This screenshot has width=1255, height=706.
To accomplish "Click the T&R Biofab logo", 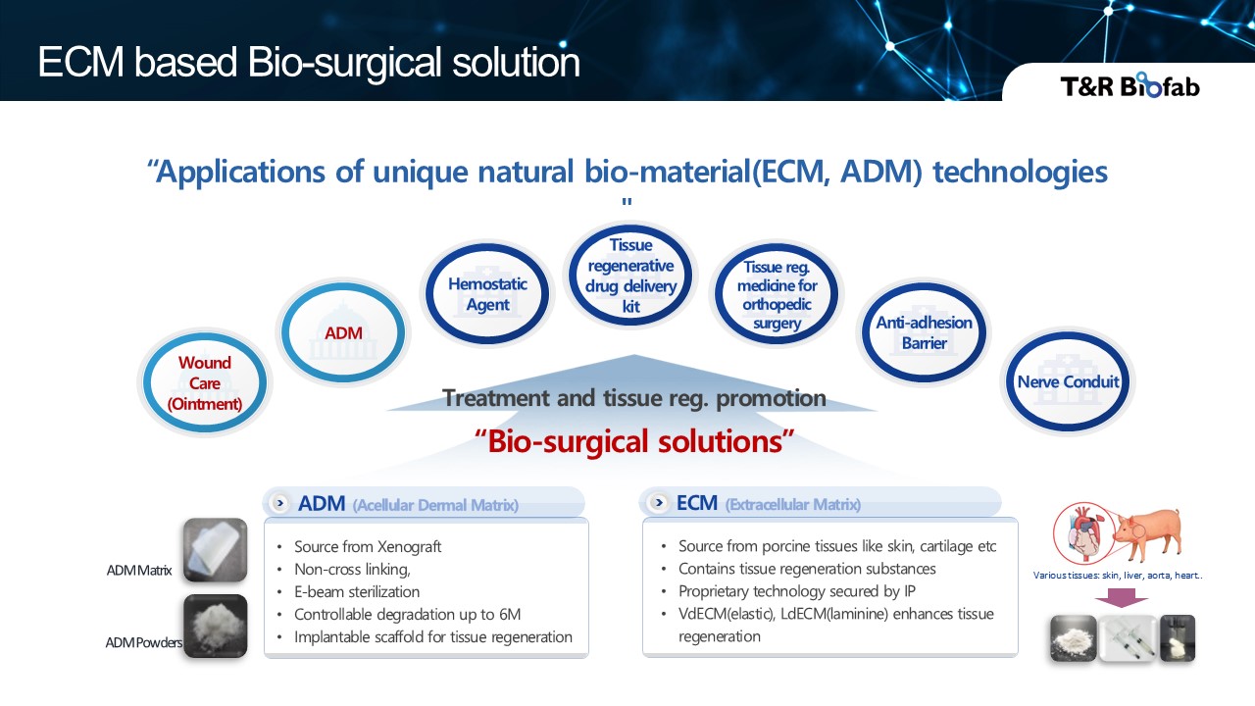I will [x=1129, y=86].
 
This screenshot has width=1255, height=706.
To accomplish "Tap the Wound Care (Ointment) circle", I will [x=205, y=382].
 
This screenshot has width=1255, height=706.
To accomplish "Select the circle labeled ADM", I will [x=343, y=332].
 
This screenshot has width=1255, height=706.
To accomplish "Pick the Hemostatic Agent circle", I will [x=487, y=294].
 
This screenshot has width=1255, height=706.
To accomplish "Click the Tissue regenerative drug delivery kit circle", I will [x=630, y=276].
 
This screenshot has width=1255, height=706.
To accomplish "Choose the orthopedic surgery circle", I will [x=777, y=294].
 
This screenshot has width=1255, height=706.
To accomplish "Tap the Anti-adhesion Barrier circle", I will [x=924, y=332].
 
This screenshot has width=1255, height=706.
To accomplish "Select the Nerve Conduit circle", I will [x=1068, y=382].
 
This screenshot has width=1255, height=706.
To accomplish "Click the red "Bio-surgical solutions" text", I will [x=634, y=441].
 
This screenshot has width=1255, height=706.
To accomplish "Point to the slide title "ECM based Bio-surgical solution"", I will [x=309, y=63].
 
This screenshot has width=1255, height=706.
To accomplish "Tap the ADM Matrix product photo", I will [x=216, y=550].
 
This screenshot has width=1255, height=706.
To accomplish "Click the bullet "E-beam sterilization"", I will [x=357, y=592].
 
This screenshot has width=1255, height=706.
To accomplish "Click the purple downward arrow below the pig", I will [x=1122, y=596].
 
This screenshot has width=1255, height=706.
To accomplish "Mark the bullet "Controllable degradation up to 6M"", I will [x=407, y=615].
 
